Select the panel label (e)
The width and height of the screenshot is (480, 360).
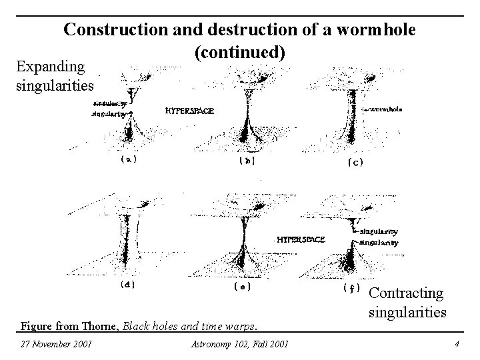242,287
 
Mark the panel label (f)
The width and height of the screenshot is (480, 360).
351,289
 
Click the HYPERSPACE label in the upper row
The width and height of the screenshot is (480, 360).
189,111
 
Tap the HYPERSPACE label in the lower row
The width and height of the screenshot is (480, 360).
301,239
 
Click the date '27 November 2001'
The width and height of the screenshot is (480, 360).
56,344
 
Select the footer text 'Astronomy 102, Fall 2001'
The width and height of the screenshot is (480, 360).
239,344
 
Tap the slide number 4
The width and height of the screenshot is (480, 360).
456,344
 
